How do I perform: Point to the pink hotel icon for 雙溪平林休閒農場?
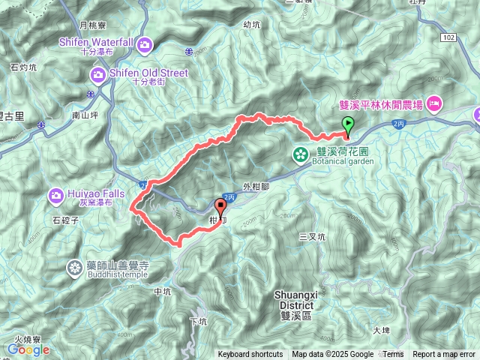(x=436, y=103)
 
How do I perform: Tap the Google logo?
(x=28, y=349)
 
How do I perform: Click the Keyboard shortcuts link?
(x=250, y=355)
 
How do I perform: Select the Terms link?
(x=393, y=355)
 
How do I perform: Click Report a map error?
(x=443, y=355)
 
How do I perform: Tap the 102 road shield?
(x=448, y=36)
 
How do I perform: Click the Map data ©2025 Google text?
(x=332, y=355)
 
